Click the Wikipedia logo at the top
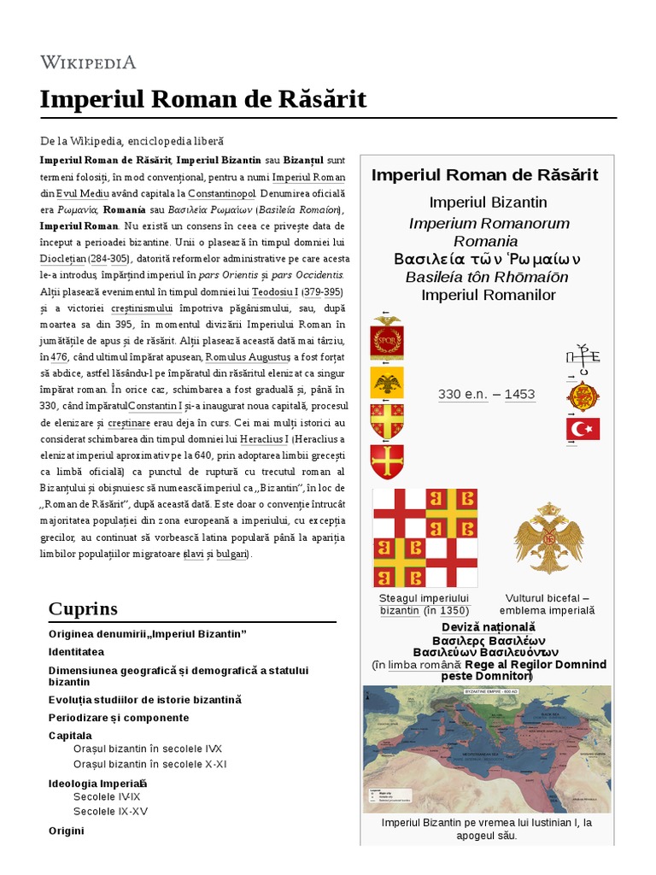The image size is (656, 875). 88,62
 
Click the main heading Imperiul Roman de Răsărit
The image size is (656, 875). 203,99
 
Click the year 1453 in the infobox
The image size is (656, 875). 519,394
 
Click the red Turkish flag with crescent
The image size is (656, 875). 583,429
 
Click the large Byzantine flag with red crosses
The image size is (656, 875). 425,537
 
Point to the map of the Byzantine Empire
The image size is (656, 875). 487,749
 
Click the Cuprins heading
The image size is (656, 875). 83,608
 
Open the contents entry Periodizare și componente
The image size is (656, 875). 119,717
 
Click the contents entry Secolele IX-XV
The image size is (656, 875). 110,811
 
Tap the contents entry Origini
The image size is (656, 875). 67,831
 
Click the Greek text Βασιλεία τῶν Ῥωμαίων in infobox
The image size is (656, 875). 487,259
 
